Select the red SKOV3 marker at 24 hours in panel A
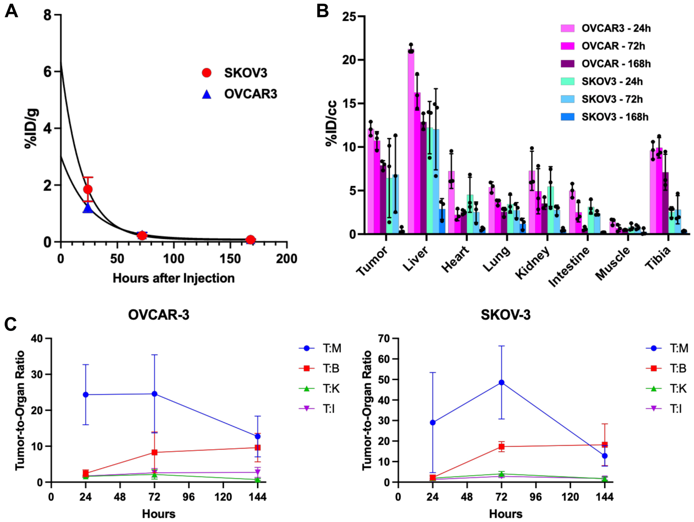[88, 189]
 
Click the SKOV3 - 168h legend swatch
[568, 117]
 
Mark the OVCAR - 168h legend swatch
[568, 64]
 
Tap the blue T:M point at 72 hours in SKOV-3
[501, 382]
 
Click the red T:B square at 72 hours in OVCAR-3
[154, 452]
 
